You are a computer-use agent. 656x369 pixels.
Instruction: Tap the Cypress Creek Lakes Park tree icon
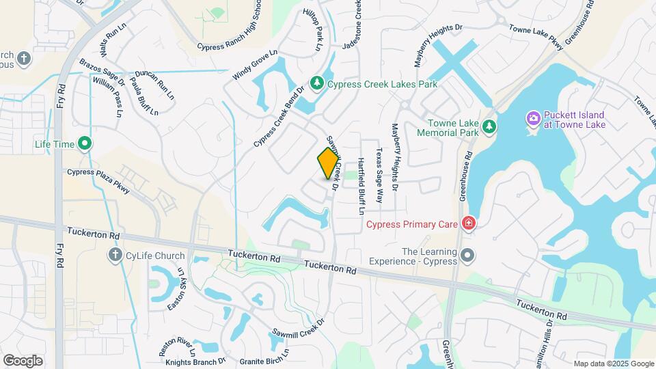point(316,83)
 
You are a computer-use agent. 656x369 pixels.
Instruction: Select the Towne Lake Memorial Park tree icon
point(489,126)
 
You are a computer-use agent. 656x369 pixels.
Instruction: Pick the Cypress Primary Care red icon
point(468,223)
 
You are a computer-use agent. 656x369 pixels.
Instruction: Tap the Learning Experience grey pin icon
point(467,256)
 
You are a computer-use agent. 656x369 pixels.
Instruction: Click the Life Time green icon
point(85,143)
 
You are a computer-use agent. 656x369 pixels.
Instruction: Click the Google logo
point(23,360)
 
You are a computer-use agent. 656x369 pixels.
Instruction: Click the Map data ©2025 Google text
point(614,364)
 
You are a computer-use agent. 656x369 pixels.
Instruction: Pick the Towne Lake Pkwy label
point(536,37)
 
